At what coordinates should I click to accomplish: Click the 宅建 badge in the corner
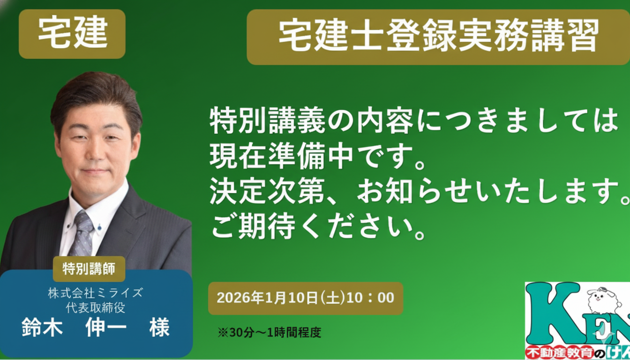72,34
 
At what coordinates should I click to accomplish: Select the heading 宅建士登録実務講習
438,37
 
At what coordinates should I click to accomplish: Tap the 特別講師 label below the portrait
89,269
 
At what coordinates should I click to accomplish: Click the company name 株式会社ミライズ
95,293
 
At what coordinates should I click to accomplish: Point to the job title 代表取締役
95,307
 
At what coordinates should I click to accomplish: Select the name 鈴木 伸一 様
95,328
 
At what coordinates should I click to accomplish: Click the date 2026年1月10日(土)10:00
305,298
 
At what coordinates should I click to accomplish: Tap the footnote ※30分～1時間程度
269,332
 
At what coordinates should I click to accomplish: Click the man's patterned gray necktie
82,234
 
